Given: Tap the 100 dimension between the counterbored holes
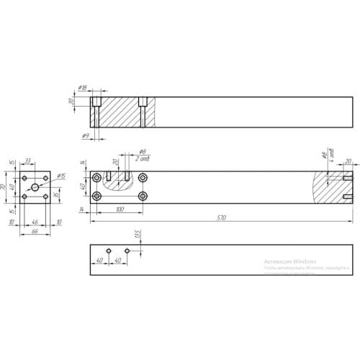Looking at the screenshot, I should pyautogui.click(x=119, y=210).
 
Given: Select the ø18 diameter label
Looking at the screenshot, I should pyautogui.click(x=84, y=88).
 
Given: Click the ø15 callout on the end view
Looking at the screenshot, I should pyautogui.click(x=61, y=176).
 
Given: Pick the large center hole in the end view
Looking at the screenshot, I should pyautogui.click(x=35, y=187).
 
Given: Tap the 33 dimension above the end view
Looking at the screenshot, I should pyautogui.click(x=28, y=161).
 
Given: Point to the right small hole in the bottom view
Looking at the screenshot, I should pyautogui.click(x=127, y=251).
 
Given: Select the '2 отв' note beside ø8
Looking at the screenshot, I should pyautogui.click(x=143, y=159).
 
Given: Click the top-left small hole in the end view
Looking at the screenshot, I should pyautogui.click(x=25, y=177).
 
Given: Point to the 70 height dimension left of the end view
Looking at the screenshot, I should pyautogui.click(x=4, y=186).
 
